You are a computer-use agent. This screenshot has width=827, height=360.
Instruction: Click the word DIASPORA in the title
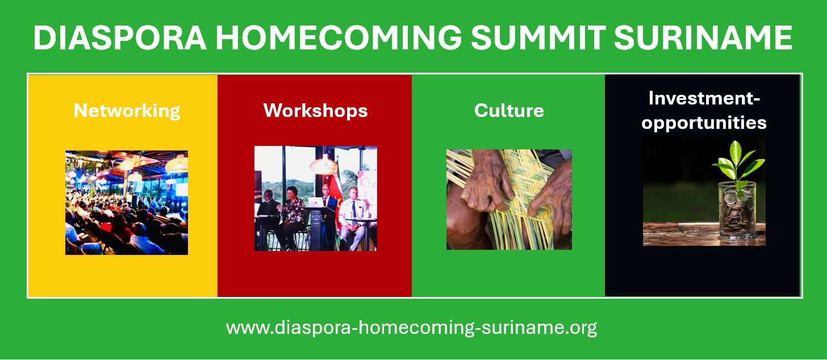(120, 37)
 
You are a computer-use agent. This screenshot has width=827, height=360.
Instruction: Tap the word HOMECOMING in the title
(339, 37)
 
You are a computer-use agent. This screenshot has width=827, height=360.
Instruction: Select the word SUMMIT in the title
(538, 37)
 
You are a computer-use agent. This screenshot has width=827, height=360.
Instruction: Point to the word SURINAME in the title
(703, 37)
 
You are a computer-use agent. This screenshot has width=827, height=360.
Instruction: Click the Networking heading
(127, 111)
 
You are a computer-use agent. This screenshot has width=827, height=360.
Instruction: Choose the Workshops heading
(315, 111)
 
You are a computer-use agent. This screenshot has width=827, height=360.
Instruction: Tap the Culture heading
(509, 110)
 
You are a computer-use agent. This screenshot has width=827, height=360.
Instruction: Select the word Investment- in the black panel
(704, 98)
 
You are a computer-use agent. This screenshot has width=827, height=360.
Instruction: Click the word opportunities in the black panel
(704, 123)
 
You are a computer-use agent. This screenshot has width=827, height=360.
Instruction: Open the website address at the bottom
(411, 328)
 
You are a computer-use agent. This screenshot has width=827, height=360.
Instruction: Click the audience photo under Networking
(127, 203)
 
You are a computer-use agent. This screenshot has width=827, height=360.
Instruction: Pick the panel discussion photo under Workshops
(316, 199)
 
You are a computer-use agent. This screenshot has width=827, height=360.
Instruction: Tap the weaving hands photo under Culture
(509, 200)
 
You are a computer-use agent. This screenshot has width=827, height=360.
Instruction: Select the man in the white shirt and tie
(353, 219)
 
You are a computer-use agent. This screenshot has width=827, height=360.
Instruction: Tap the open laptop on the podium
(316, 202)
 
